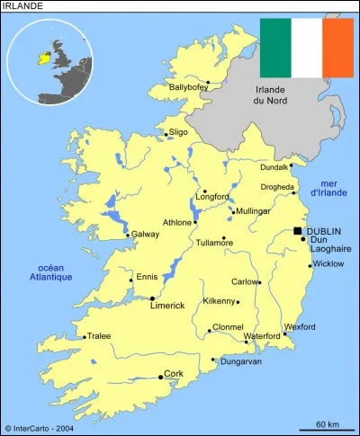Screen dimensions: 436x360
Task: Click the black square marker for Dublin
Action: point(298,231)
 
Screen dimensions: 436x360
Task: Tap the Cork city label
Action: point(174,373)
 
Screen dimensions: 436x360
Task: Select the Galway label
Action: point(146,235)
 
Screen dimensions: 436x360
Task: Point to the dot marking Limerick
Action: point(152,298)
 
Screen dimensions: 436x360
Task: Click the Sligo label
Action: point(178,132)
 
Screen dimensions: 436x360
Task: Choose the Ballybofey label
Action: point(187,87)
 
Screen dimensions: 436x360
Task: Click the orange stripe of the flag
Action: point(337,47)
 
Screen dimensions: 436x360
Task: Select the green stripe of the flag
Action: point(275,47)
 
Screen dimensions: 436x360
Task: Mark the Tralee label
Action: point(99,336)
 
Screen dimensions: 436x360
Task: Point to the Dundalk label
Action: point(274,167)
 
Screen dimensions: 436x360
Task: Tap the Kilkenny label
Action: point(220,301)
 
